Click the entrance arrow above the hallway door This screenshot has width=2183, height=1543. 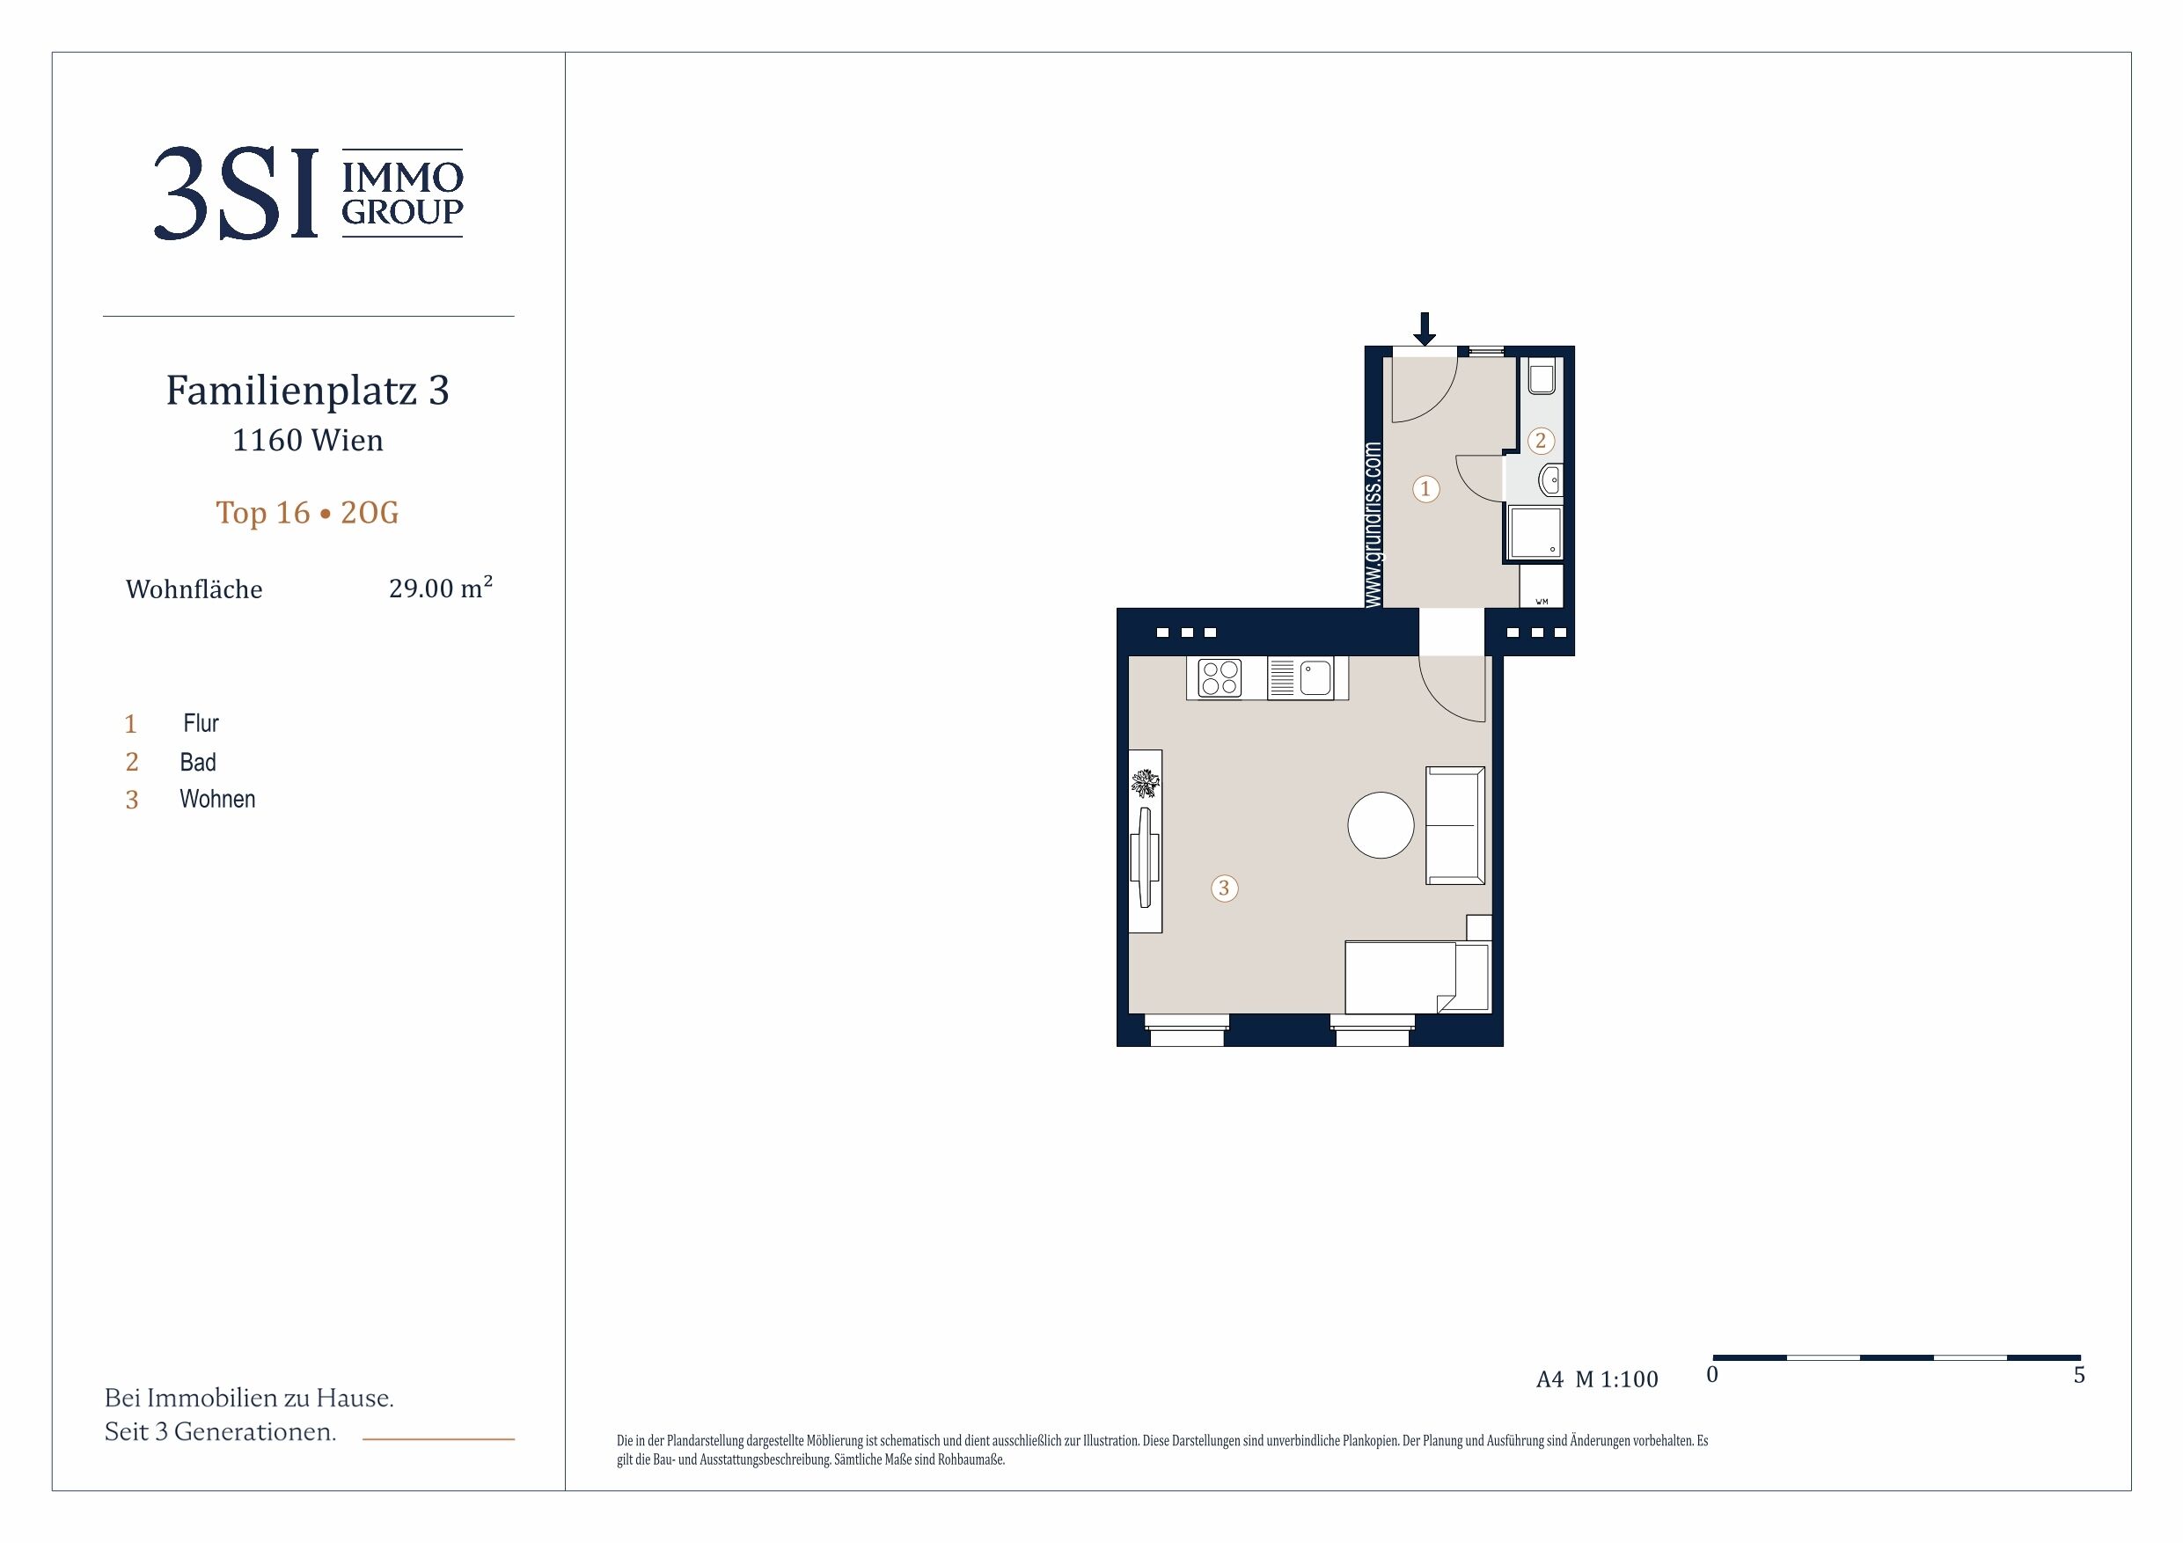coord(1424,329)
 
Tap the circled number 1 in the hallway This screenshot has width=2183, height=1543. coord(1425,488)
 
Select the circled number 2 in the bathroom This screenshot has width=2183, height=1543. coord(1542,440)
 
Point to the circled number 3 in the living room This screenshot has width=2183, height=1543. coord(1225,888)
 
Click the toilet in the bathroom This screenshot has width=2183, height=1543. coord(1542,377)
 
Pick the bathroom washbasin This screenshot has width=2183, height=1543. coord(1549,480)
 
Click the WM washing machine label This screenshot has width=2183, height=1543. coord(1542,602)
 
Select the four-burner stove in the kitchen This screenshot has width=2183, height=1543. coord(1220,679)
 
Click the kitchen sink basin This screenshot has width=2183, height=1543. coord(1316,679)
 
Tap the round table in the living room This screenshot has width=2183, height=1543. coord(1381,825)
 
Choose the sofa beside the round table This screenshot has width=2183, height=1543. coord(1454,825)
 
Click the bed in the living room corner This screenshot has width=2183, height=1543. coord(1417,977)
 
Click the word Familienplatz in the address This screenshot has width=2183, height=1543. coord(292,391)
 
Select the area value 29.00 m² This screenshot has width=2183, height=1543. coord(440,588)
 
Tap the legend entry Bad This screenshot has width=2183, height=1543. coord(198,763)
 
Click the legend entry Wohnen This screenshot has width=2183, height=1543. coord(217,800)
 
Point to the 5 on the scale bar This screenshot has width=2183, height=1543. coord(2079,1375)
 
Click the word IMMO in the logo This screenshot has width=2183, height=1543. coord(402,177)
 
